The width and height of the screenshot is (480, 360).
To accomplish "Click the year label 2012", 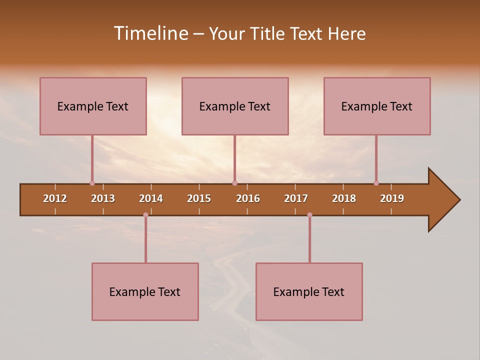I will coord(55,198).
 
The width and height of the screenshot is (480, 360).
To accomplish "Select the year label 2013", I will coord(103,198).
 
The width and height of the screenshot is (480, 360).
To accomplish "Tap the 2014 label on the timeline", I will coord(151,198).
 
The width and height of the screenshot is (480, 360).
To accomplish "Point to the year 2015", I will coord(199,198).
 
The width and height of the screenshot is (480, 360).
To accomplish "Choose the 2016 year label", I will coord(248,198).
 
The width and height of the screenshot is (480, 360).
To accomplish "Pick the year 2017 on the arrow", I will coord(296,198).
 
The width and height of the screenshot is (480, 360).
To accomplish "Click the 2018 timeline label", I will coord(344,198).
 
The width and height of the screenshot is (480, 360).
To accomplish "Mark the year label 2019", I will coord(392,198).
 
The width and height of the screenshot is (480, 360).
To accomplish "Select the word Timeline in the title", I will coord(150,33).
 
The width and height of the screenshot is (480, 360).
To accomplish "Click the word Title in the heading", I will coord(268,33).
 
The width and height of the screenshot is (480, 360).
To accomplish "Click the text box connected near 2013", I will coord(93,106).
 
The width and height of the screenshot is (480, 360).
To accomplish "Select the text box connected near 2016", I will coord(235,106).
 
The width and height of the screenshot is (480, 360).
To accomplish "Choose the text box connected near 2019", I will coord(377,106).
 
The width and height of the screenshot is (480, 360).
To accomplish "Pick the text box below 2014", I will coord(145,291).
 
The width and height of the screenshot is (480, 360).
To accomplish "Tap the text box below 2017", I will coord(309,291).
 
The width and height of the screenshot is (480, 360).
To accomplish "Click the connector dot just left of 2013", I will coord(92,183).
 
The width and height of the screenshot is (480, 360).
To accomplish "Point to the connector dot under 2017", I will coord(309,215).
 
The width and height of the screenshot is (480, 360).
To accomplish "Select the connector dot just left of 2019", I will coord(376,183).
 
